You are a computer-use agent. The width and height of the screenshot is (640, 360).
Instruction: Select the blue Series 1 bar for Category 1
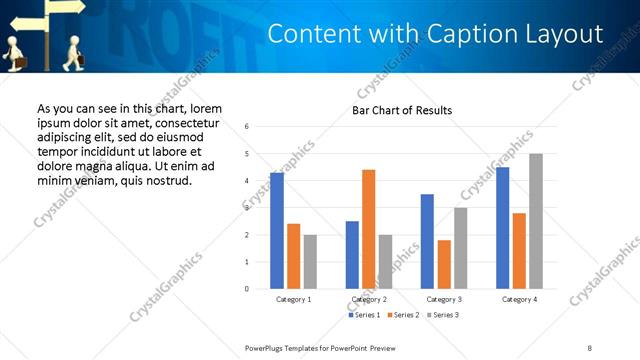pos(277,231)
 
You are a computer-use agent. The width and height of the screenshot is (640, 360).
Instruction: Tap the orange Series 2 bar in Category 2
pos(368,229)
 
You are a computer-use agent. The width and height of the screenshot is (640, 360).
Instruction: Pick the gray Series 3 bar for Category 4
pos(536,221)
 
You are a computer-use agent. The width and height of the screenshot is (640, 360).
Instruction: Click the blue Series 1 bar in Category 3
pos(427,241)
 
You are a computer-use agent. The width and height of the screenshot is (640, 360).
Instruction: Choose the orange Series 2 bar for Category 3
pos(443,264)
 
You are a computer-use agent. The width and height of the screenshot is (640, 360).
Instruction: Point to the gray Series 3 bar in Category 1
pos(310,262)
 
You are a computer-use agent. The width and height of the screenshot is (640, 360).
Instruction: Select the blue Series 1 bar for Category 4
pos(502,228)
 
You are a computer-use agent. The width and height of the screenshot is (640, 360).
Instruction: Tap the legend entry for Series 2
pos(402,315)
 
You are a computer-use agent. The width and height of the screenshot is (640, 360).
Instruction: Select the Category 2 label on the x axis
pos(368,299)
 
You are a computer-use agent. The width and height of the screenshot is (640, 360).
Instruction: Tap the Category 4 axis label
pos(519,299)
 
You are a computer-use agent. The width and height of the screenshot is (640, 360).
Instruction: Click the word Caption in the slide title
pos(447,34)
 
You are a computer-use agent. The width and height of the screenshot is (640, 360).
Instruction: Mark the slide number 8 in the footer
pos(590,347)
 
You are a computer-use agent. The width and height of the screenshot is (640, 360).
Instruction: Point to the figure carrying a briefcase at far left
pos(14,52)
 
